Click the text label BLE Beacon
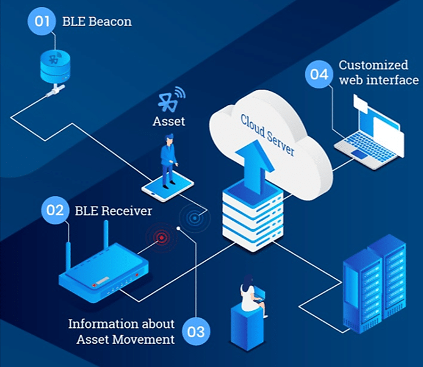[96, 23]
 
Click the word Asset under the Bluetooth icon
[168, 121]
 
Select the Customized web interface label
[378, 72]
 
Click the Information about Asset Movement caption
[121, 331]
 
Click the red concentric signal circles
[162, 237]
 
